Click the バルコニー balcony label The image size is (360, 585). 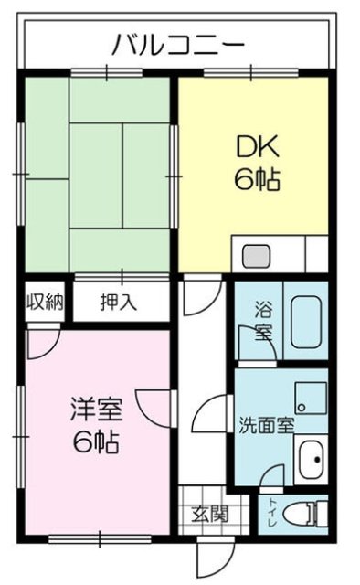[x=177, y=44]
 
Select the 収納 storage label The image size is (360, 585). [x=43, y=302]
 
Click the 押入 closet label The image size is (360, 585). [x=119, y=303]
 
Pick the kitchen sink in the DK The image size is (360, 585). [x=253, y=254]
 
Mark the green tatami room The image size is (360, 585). [x=96, y=174]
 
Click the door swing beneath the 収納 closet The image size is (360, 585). [x=42, y=342]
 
